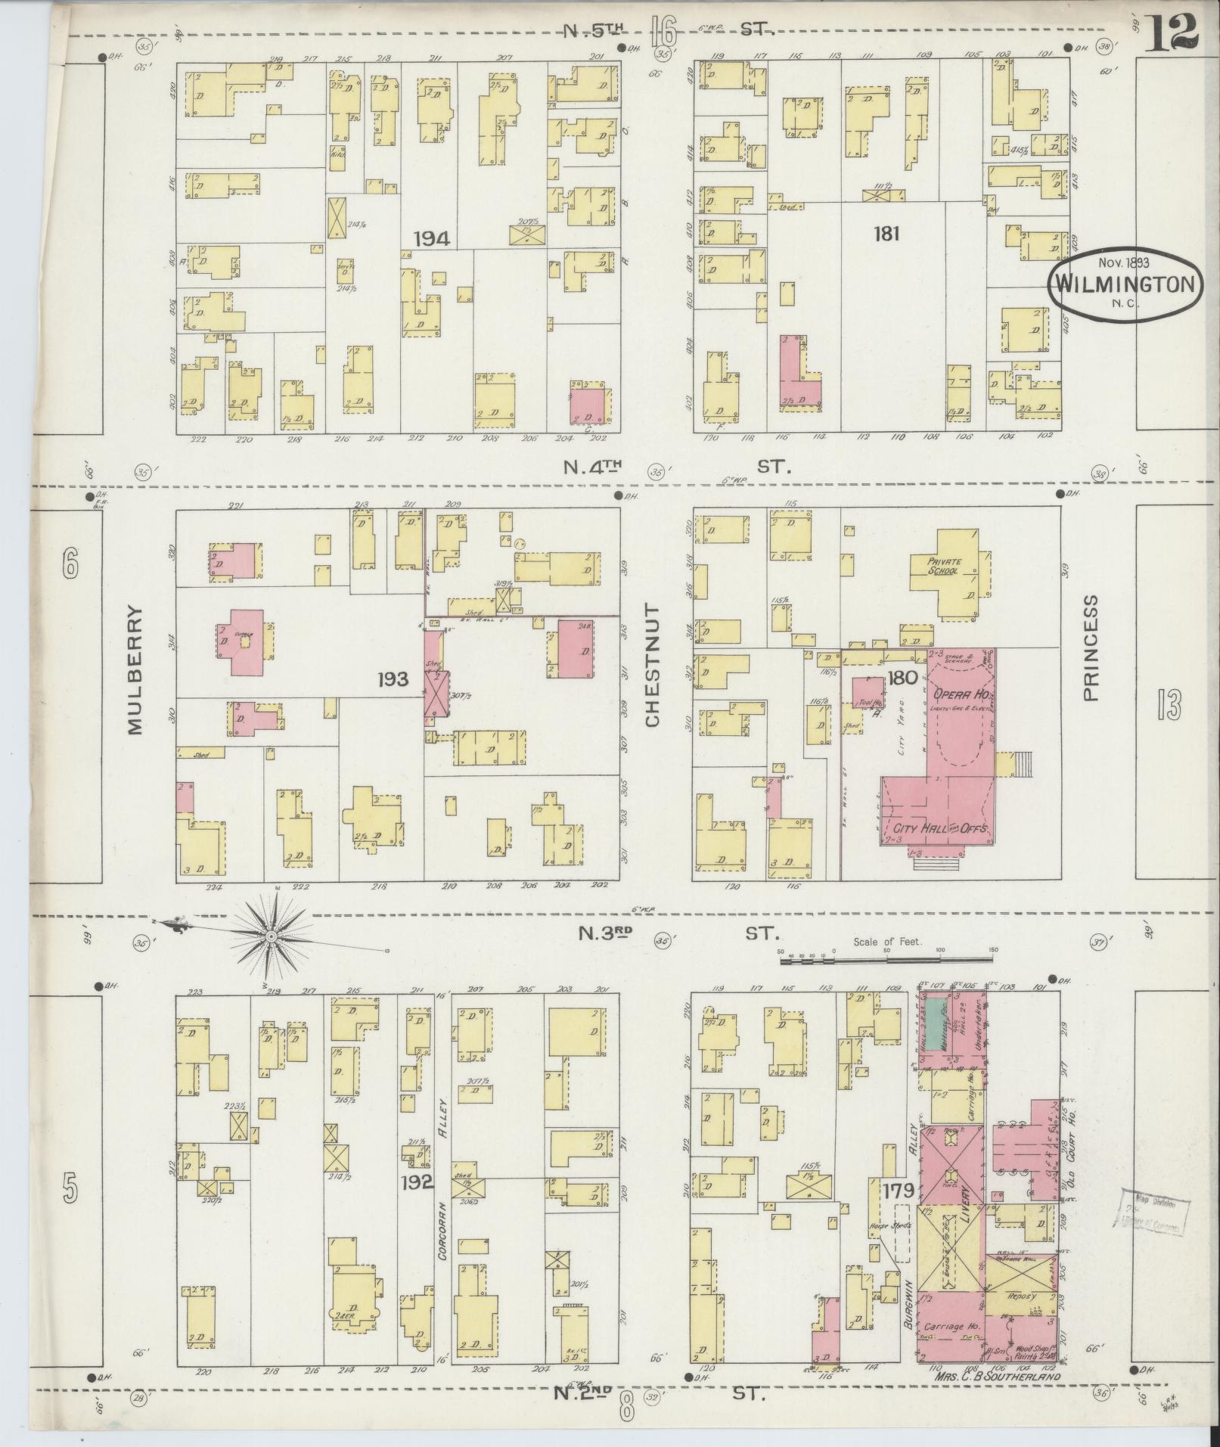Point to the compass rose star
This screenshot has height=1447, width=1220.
(270, 936)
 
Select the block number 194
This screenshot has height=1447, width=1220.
(432, 240)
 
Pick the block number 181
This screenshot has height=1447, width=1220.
(886, 234)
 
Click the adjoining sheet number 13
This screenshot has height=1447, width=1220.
(1168, 706)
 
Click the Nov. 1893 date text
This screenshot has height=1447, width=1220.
(1123, 263)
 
